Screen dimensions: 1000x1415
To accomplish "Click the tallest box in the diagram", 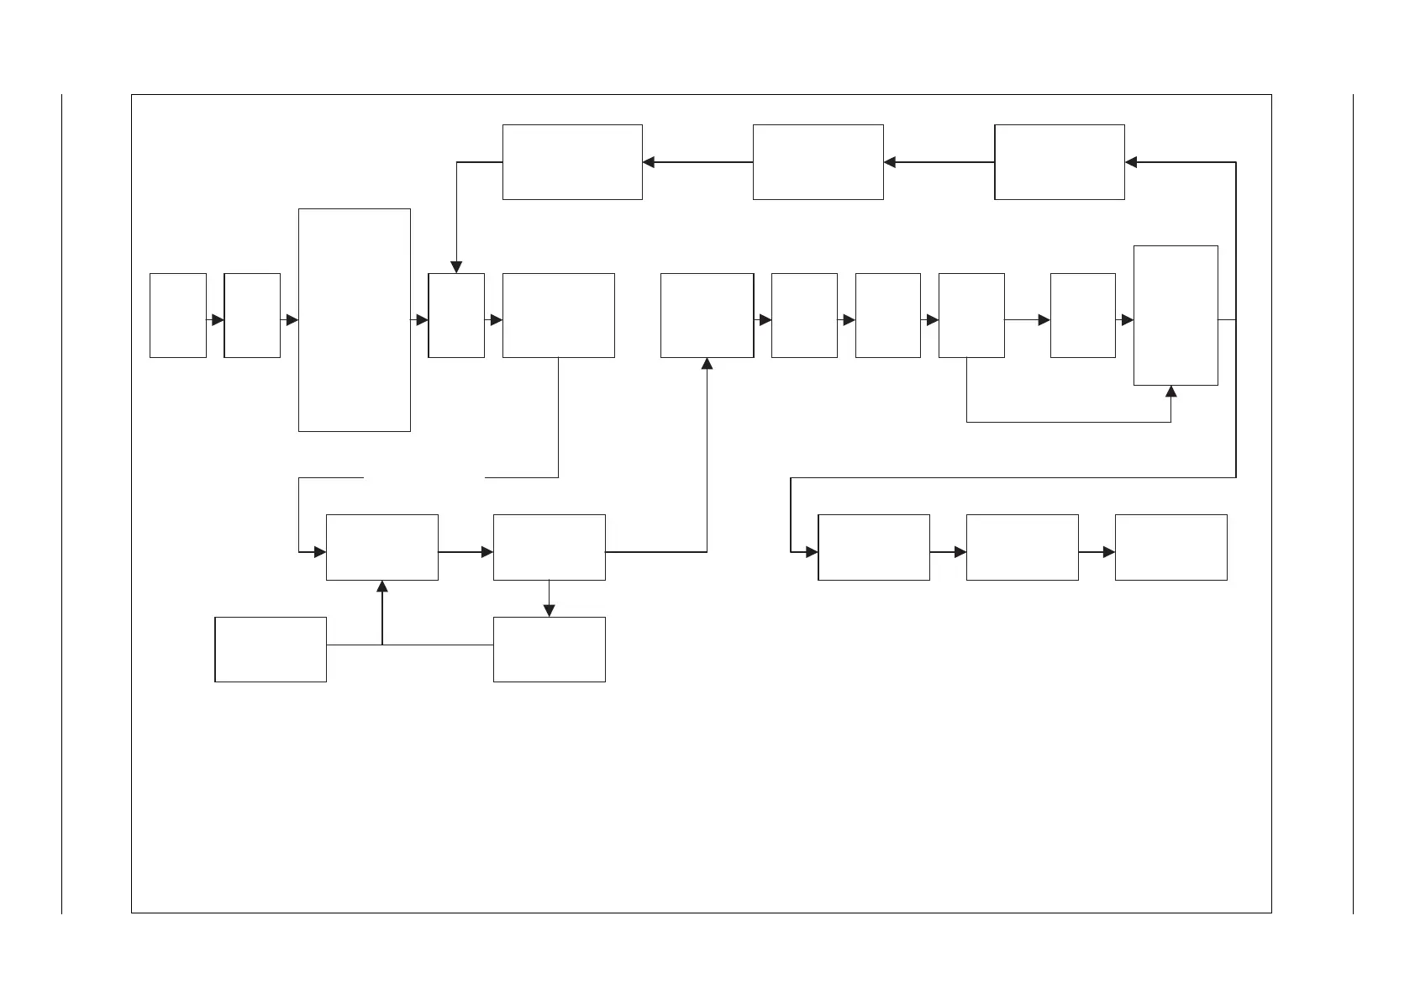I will tap(355, 320).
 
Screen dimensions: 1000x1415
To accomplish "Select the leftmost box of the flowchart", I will tap(178, 315).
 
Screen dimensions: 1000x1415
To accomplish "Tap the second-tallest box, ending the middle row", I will tap(1176, 315).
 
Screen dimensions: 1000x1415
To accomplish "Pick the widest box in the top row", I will tap(572, 162).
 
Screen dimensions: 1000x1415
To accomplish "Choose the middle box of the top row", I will tap(818, 162).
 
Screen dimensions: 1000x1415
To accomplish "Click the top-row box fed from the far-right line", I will tap(1060, 162).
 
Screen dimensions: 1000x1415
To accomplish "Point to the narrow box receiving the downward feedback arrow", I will tap(456, 315).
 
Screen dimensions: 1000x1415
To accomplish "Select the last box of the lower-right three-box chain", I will tap(1170, 547).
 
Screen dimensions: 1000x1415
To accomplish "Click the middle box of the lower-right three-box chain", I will tap(1022, 547).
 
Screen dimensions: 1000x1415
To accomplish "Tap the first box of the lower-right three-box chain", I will tap(873, 547).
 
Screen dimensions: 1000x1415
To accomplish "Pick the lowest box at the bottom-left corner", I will tap(271, 649).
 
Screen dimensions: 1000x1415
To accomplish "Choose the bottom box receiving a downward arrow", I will tap(549, 649).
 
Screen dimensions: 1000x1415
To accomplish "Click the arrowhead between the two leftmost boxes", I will tap(218, 320).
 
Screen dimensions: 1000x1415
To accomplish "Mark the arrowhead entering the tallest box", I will tap(292, 320).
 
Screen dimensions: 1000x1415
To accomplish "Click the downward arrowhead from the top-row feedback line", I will tap(456, 267).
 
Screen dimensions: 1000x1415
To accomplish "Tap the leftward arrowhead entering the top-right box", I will tap(1131, 162).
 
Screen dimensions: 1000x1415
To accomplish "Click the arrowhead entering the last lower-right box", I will tap(1109, 552).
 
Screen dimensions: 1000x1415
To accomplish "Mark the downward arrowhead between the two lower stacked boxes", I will tap(549, 611).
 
